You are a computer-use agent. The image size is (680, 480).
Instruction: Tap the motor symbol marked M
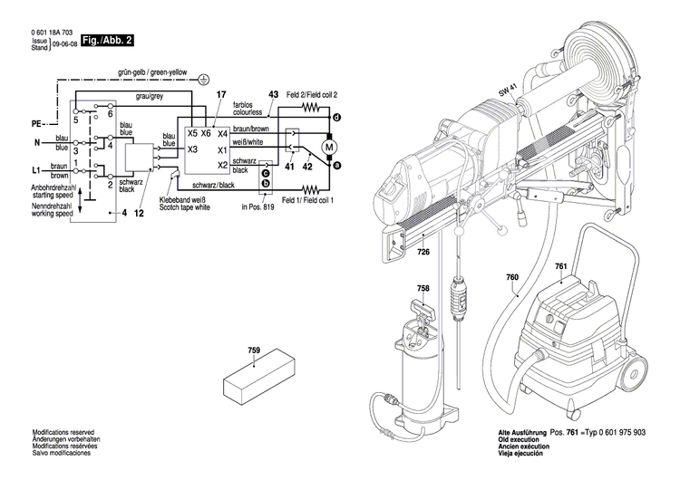pos(330,146)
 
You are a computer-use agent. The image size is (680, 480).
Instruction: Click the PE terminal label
pos(37,121)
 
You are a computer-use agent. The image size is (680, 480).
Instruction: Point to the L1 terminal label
pos(37,169)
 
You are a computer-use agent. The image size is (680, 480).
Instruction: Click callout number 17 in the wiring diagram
pos(220,95)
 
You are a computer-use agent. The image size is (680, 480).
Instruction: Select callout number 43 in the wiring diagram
pos(273,95)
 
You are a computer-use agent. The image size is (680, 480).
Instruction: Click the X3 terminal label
pos(192,149)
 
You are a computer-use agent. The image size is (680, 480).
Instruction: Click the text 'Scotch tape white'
pos(185,207)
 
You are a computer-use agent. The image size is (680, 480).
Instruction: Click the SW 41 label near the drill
pos(506,91)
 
